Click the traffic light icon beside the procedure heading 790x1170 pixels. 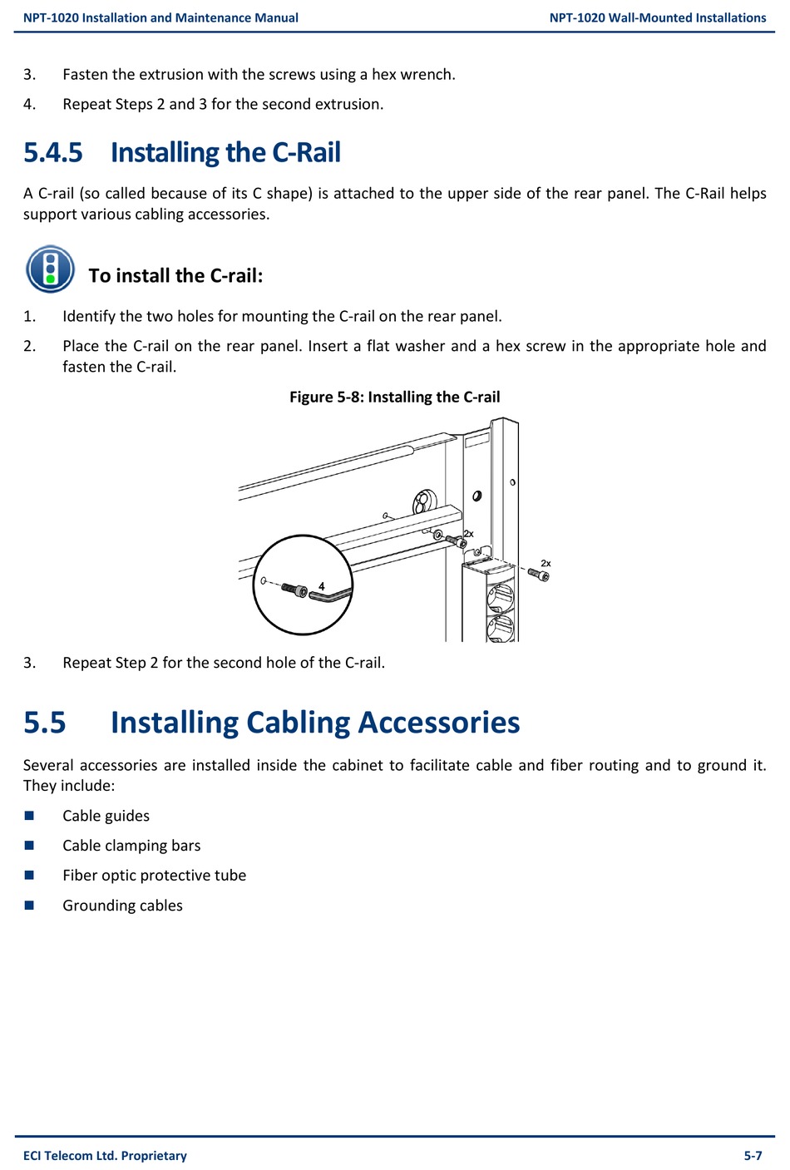pyautogui.click(x=50, y=269)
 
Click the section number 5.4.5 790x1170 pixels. pyautogui.click(x=53, y=153)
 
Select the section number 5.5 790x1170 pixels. pyautogui.click(x=45, y=723)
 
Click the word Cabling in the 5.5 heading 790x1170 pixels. pyautogui.click(x=298, y=723)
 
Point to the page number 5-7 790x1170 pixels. pyautogui.click(x=753, y=1155)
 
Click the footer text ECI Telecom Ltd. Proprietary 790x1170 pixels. pyautogui.click(x=105, y=1155)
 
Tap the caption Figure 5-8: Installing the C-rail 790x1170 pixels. pyautogui.click(x=394, y=397)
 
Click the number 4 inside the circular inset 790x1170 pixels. pyautogui.click(x=322, y=586)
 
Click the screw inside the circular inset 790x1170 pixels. pyautogui.click(x=294, y=589)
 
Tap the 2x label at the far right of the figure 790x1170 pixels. pyautogui.click(x=546, y=563)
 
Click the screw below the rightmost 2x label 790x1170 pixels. pyautogui.click(x=540, y=575)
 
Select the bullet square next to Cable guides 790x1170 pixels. pyautogui.click(x=29, y=816)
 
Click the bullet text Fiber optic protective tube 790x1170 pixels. pyautogui.click(x=154, y=875)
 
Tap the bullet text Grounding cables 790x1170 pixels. pyautogui.click(x=122, y=906)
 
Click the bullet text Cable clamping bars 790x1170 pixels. pyautogui.click(x=131, y=846)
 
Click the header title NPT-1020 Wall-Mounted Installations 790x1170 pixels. pyautogui.click(x=658, y=17)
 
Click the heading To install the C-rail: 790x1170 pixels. pyautogui.click(x=175, y=275)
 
